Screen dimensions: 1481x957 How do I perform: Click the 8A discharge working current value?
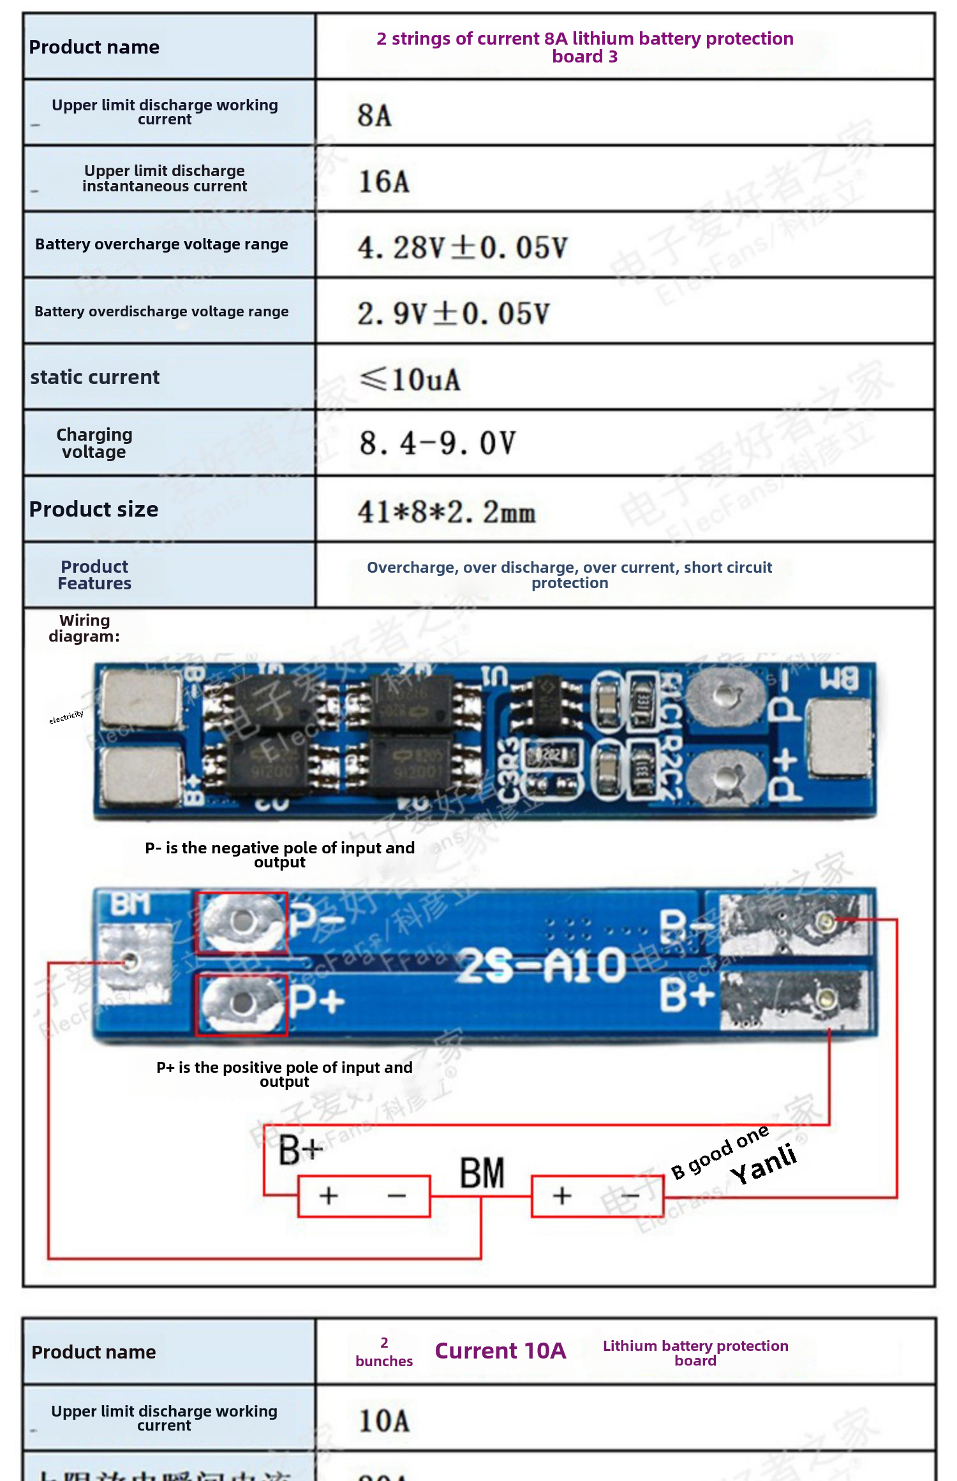(375, 115)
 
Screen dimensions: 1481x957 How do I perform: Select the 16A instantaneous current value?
(383, 182)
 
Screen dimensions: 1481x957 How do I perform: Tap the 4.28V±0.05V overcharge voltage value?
(462, 247)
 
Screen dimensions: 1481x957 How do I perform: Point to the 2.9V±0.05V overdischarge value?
(453, 314)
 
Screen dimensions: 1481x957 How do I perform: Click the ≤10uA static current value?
(410, 379)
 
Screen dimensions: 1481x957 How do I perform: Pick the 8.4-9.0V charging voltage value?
(437, 443)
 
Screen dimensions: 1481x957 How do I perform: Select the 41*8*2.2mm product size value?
(446, 512)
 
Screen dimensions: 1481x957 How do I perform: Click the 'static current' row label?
(95, 377)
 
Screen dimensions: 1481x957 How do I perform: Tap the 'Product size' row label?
(94, 509)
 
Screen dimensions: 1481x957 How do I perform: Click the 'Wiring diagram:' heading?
(84, 628)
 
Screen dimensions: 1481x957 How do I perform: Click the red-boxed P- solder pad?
(241, 922)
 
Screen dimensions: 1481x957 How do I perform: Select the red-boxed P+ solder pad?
(241, 1004)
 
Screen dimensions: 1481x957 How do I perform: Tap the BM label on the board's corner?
(130, 904)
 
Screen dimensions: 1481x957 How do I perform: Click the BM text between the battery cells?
(482, 1173)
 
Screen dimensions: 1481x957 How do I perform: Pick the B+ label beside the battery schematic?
(300, 1150)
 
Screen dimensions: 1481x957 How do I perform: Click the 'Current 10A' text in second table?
(500, 1351)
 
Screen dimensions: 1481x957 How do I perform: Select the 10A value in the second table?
(383, 1421)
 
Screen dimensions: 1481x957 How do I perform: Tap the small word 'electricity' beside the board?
(66, 717)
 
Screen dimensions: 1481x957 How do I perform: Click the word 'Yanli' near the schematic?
(764, 1164)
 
